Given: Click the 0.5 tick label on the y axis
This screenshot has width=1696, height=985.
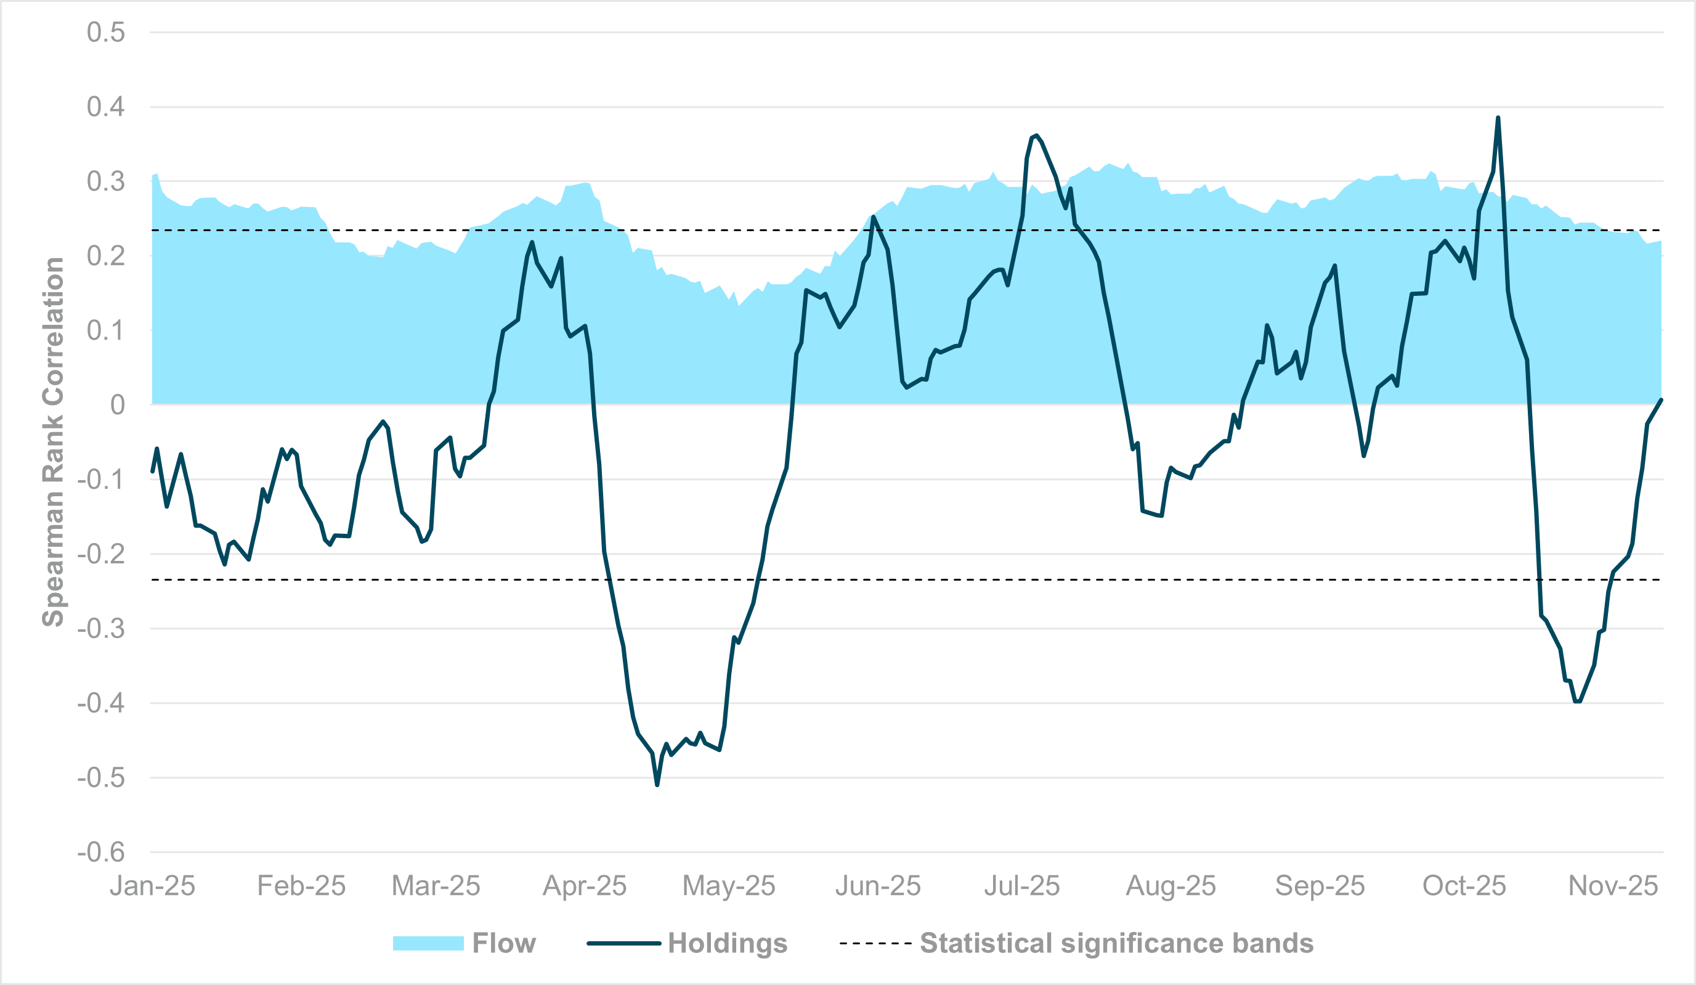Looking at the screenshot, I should [x=106, y=32].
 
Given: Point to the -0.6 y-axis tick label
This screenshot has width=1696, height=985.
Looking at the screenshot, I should [x=101, y=852].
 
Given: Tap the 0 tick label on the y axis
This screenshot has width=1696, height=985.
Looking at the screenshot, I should [x=117, y=404].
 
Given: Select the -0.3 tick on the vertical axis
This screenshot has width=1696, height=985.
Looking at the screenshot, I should [x=101, y=629].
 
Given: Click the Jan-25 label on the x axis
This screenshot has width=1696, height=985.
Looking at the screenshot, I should [x=152, y=886].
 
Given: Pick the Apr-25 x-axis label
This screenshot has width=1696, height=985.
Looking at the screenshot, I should [x=584, y=886].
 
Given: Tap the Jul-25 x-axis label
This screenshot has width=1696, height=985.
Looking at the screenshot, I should [x=1021, y=886].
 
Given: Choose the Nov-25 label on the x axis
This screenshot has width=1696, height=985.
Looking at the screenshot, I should [x=1613, y=886].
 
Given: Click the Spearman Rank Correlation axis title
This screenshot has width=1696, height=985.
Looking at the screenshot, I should [x=53, y=442].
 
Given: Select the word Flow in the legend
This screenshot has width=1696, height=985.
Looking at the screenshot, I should [x=503, y=943].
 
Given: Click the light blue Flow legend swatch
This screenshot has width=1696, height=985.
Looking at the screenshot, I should [x=428, y=943].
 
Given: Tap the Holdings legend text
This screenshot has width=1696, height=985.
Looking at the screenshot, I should [x=727, y=943].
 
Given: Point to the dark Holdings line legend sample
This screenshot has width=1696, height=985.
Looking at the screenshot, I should [x=623, y=943].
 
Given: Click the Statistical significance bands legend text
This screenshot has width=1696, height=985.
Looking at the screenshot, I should [x=1116, y=943].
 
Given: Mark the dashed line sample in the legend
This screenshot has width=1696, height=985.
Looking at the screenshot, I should [x=875, y=943].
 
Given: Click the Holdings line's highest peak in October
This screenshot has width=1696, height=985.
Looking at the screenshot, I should [x=1498, y=118].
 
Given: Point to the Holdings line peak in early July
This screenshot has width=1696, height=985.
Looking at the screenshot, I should [x=1036, y=136].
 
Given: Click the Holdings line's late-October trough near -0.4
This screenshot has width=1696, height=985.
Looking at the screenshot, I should [x=1577, y=701].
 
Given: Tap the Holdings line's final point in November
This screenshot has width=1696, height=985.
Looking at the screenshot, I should [x=1661, y=400].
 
